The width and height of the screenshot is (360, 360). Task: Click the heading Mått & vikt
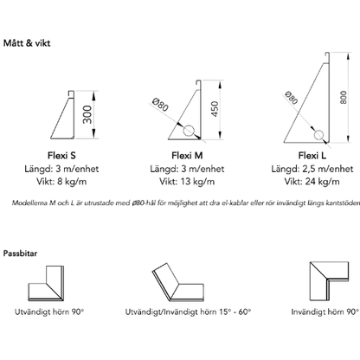tap(27, 43)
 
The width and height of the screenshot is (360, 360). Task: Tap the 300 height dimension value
tap(87, 114)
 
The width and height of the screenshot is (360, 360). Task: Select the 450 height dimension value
tap(215, 109)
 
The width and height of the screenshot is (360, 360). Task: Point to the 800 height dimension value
tap(343, 97)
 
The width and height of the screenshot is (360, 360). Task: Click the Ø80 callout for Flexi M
tap(161, 105)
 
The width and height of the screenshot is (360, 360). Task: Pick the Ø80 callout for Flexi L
tap(291, 98)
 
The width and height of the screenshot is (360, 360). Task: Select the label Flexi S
tap(61, 156)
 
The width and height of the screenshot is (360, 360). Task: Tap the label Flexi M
tap(187, 156)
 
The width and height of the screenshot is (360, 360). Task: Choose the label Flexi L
tap(312, 156)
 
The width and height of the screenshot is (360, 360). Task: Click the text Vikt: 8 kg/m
tap(61, 182)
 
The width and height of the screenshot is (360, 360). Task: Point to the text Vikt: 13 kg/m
tap(187, 182)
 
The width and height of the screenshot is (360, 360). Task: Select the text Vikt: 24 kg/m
tap(312, 182)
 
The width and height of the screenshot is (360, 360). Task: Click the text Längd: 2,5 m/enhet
tap(312, 169)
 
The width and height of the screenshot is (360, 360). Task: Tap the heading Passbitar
tap(20, 254)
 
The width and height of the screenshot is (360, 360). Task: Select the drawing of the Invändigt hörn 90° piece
tap(329, 281)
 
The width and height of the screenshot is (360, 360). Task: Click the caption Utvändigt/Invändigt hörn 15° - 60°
tap(188, 312)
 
